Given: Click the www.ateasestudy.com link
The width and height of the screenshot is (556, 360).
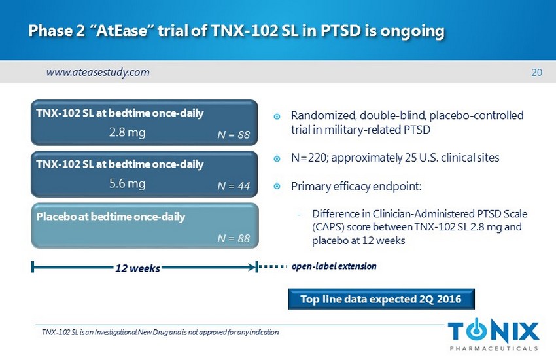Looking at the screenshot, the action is point(98,73).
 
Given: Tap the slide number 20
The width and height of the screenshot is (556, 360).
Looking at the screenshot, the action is point(536,73).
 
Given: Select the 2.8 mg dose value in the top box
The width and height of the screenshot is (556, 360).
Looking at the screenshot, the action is point(128,133).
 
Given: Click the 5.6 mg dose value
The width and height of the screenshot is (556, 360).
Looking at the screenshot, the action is point(128,184).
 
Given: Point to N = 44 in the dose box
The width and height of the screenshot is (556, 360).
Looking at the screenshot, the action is point(234,185).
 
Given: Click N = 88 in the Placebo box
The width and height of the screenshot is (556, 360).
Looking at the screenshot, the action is point(234,238).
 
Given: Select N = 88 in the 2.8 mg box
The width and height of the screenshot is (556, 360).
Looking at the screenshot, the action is point(234,134).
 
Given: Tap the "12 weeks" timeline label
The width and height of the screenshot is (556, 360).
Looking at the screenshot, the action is point(137,268).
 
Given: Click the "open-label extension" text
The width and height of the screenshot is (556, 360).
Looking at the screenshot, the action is point(334,266).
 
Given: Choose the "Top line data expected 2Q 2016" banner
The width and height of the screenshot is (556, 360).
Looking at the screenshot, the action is point(381,299).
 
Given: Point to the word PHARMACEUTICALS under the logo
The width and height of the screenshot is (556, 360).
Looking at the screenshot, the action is point(494,348).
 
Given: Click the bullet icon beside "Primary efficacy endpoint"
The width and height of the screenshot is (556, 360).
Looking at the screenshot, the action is point(277,186).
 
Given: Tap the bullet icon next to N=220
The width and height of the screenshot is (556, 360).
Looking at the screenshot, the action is point(277,158).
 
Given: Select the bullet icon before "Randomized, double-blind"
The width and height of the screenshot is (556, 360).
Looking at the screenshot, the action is point(277,116).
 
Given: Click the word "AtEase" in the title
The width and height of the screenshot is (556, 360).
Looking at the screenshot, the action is point(121,31).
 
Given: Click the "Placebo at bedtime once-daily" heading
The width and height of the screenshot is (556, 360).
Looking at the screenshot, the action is point(111,217).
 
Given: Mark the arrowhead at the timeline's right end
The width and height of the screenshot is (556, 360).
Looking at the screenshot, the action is point(252,267).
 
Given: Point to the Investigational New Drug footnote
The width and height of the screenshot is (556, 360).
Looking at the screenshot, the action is point(160,333).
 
